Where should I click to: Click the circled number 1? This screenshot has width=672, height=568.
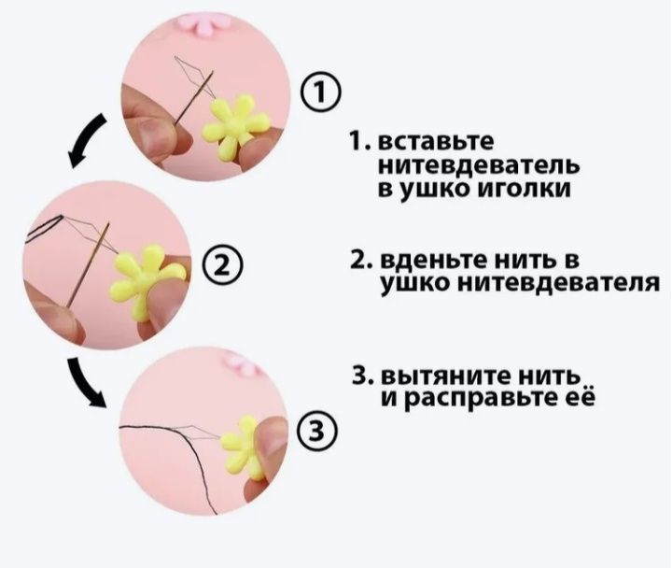click(x=317, y=93)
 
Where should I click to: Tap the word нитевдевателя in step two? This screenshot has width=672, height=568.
click(x=567, y=282)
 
